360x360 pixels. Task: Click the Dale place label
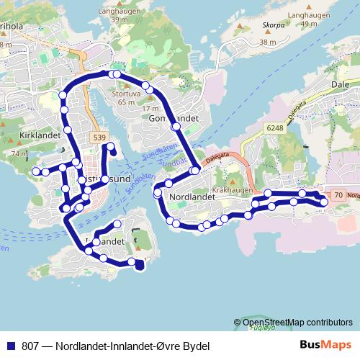[x=340, y=84]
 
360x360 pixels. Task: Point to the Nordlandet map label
[x=189, y=196]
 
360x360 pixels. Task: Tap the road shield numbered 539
[x=99, y=137]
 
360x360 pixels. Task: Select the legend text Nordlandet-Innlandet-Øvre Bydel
[x=126, y=346]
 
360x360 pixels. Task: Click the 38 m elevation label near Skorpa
[x=268, y=42]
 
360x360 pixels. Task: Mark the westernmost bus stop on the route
[x=35, y=171]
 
